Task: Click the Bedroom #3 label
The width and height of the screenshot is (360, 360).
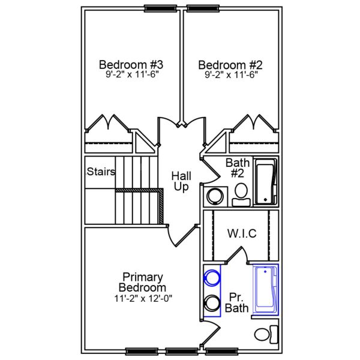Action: [131, 65]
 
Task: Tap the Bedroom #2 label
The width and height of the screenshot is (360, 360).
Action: [231, 65]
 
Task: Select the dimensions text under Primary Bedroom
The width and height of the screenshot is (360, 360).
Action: [142, 298]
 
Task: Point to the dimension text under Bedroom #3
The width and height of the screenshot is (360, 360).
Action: [131, 76]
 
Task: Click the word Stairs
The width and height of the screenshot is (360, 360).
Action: [101, 172]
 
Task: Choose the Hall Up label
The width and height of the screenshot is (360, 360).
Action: [181, 181]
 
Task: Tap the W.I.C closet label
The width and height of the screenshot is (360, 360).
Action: [241, 233]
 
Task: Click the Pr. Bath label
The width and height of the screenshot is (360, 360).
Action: [236, 302]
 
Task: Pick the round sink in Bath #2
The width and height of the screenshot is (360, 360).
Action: [214, 196]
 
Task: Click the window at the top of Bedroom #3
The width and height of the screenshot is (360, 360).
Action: [158, 8]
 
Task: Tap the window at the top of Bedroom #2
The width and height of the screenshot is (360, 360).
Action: [202, 8]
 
